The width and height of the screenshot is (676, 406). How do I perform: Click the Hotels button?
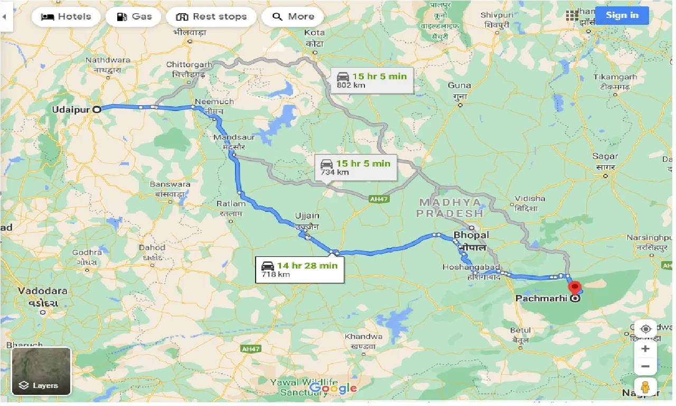coord(66,16)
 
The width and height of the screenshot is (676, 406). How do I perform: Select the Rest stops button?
coord(211,16)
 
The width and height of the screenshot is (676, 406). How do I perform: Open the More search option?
coord(293,16)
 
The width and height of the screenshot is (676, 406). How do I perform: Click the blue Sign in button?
coord(622,15)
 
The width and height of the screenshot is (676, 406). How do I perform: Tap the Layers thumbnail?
coord(41,371)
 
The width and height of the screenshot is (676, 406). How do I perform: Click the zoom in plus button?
coord(645,349)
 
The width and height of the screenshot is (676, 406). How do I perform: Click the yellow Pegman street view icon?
coord(645,386)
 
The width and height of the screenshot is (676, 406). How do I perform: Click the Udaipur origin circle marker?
coord(97,109)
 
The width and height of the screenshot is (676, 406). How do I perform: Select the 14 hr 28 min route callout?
coord(299,270)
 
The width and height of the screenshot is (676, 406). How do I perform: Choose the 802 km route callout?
coord(372,80)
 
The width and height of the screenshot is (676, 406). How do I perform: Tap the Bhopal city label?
coord(471,235)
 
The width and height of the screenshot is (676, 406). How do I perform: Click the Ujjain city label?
coord(307,216)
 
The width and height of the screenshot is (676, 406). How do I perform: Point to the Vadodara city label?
coord(42,291)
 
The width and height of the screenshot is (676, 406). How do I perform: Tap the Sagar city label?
coord(605,156)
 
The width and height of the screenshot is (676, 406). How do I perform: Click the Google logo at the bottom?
coord(333,389)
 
